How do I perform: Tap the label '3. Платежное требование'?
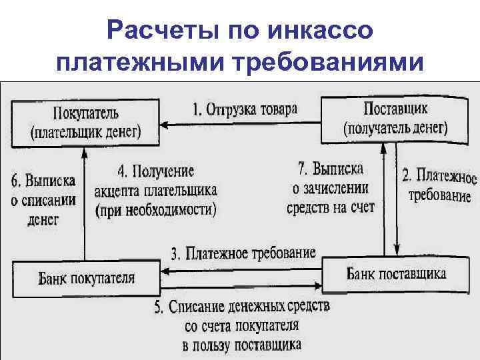pyautogui.click(x=243, y=253)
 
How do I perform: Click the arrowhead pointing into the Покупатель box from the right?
pyautogui.click(x=167, y=123)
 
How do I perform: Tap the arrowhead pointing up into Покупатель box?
pyautogui.click(x=85, y=150)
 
